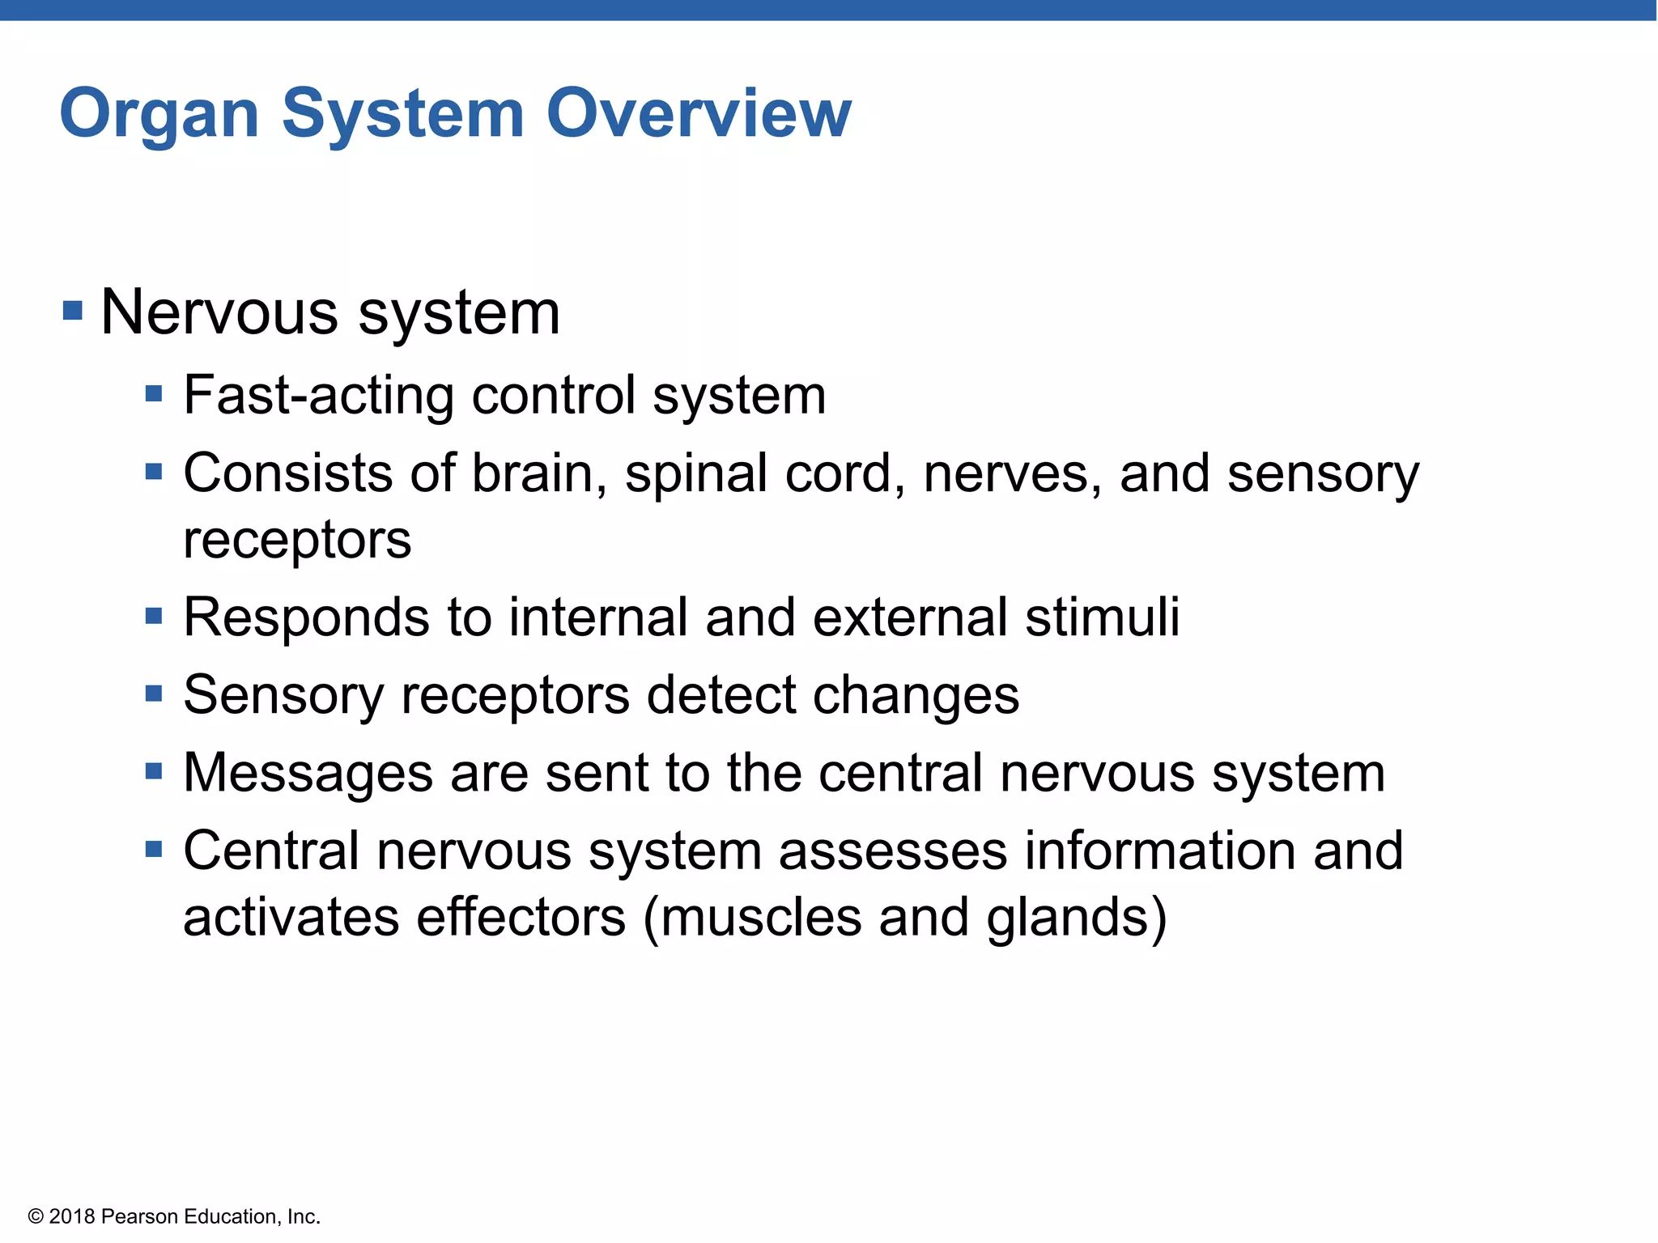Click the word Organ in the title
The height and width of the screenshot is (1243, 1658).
159,115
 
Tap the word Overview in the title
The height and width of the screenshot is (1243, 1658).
699,113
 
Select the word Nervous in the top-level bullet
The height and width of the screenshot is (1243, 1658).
219,312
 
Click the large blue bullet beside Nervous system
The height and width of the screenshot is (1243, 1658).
73,310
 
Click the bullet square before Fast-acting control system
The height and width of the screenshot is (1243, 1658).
154,395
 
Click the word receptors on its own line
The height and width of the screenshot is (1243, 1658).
297,541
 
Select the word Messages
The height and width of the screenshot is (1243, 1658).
308,774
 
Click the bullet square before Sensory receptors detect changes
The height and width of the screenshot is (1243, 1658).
154,694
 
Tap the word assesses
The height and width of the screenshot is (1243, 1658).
893,851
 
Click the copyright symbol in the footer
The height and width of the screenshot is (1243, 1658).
36,1217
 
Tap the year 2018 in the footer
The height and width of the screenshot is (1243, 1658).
72,1217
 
